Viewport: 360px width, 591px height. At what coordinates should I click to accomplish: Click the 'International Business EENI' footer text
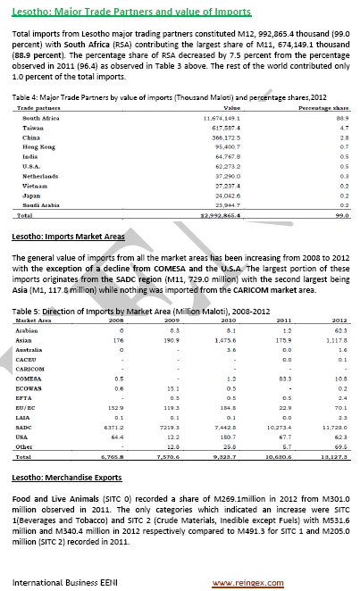pyautogui.click(x=65, y=582)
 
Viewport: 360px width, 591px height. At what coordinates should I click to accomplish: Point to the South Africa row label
pyautogui.click(x=41, y=118)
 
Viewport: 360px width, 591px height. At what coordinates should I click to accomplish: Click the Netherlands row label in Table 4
pyautogui.click(x=40, y=177)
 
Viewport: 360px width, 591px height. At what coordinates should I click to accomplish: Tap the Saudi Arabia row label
pyautogui.click(x=42, y=206)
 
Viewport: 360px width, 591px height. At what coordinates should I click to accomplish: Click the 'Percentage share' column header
pyautogui.click(x=322, y=107)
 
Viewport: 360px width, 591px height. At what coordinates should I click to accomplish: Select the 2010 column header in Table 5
pyautogui.click(x=227, y=319)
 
